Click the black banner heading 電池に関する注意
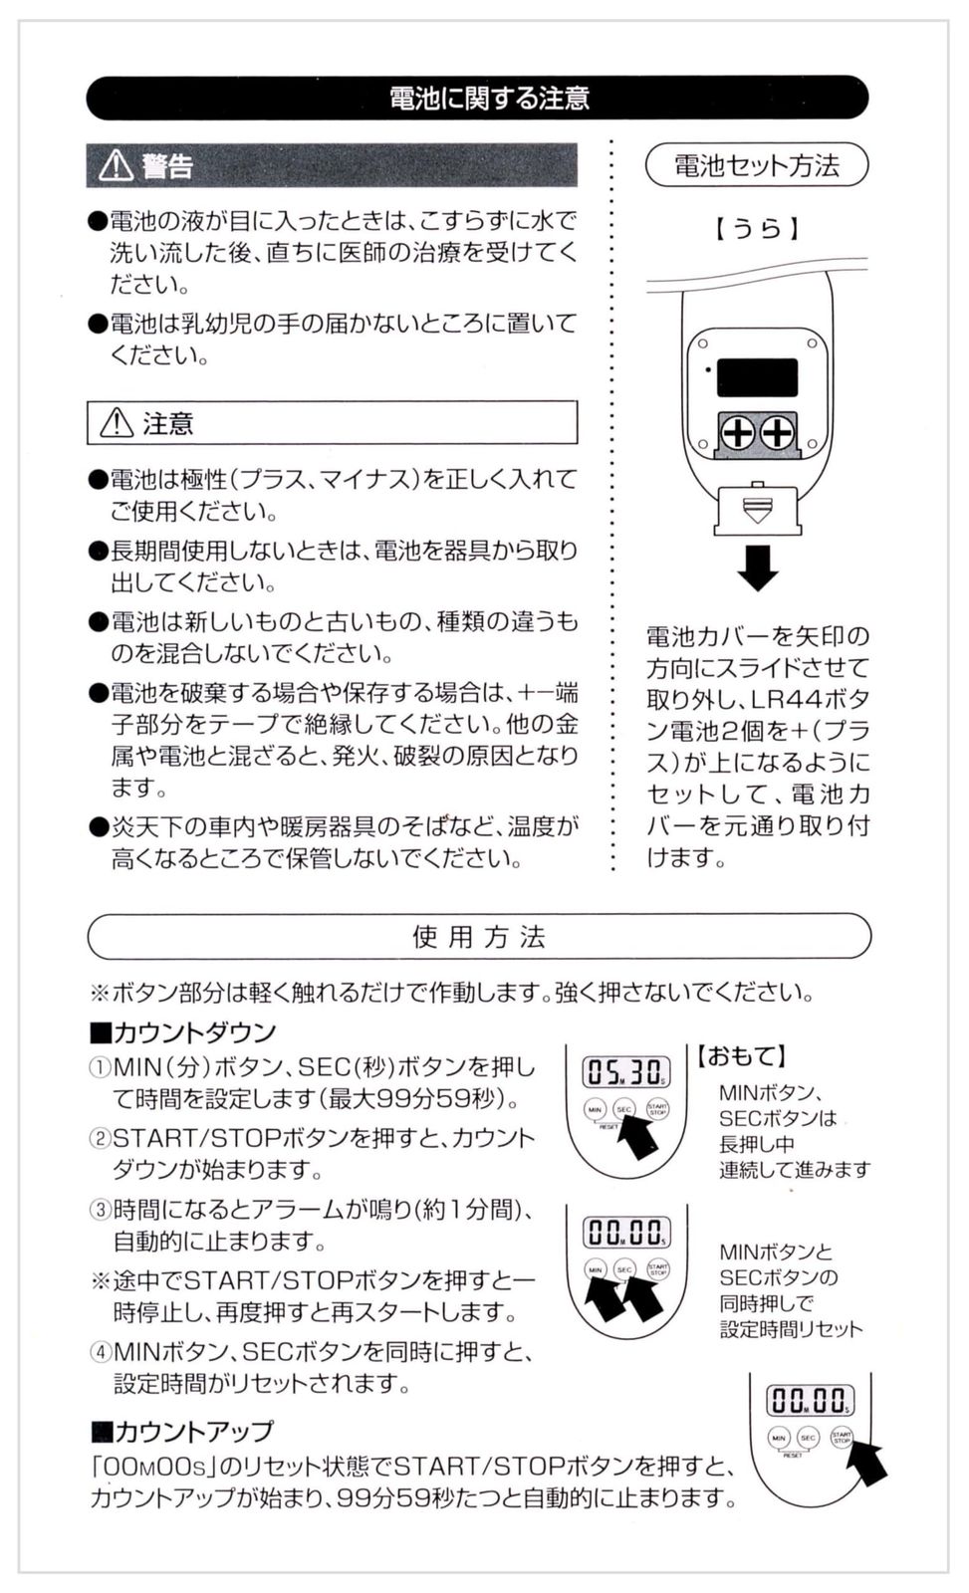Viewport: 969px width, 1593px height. tap(477, 98)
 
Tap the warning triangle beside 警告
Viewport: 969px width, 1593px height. tap(116, 165)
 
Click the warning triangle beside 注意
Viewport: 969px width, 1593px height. tap(117, 422)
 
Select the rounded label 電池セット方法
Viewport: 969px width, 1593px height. tap(756, 165)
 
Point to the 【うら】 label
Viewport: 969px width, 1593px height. tap(756, 229)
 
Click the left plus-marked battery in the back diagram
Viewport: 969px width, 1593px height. tap(739, 432)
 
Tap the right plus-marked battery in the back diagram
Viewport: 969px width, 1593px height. tap(778, 432)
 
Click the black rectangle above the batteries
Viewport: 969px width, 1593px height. tap(757, 377)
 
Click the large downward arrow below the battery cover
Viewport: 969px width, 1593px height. tap(758, 569)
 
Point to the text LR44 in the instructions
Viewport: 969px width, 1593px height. tap(788, 699)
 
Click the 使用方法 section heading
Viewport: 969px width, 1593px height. tap(479, 937)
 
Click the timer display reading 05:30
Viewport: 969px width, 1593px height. tap(626, 1072)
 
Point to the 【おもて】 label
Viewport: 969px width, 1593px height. tap(740, 1055)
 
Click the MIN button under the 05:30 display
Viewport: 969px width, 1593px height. tap(595, 1109)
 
